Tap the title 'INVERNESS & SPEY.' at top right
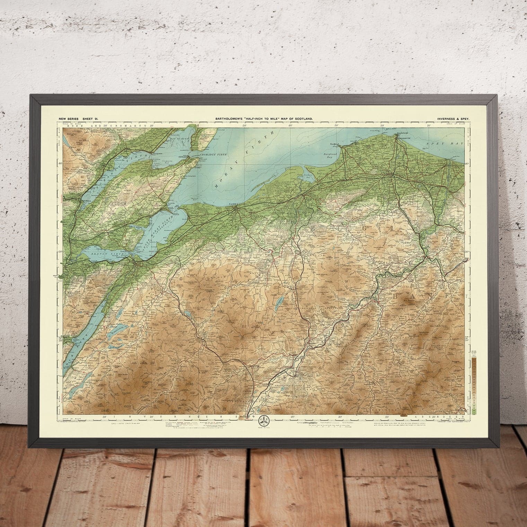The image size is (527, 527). tap(453, 119)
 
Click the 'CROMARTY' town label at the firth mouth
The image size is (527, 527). tap(183, 157)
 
